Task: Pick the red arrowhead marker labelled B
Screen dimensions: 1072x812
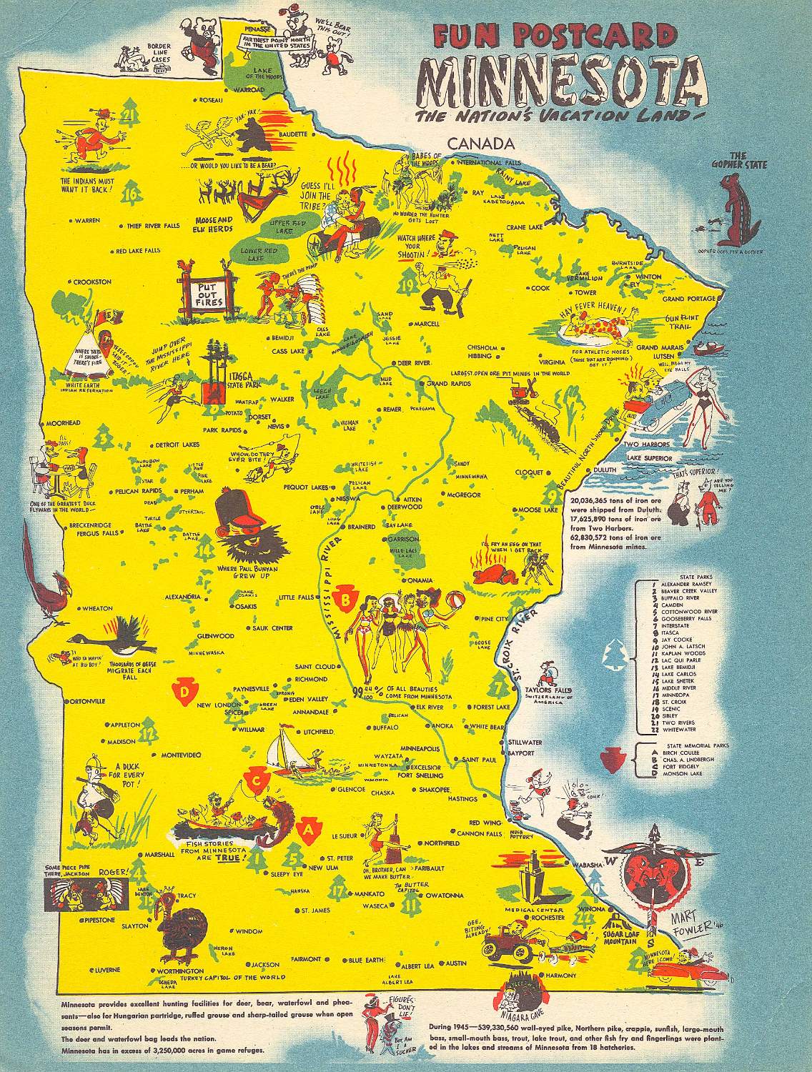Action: [x=348, y=598]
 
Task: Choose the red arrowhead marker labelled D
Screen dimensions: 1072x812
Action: [x=185, y=692]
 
